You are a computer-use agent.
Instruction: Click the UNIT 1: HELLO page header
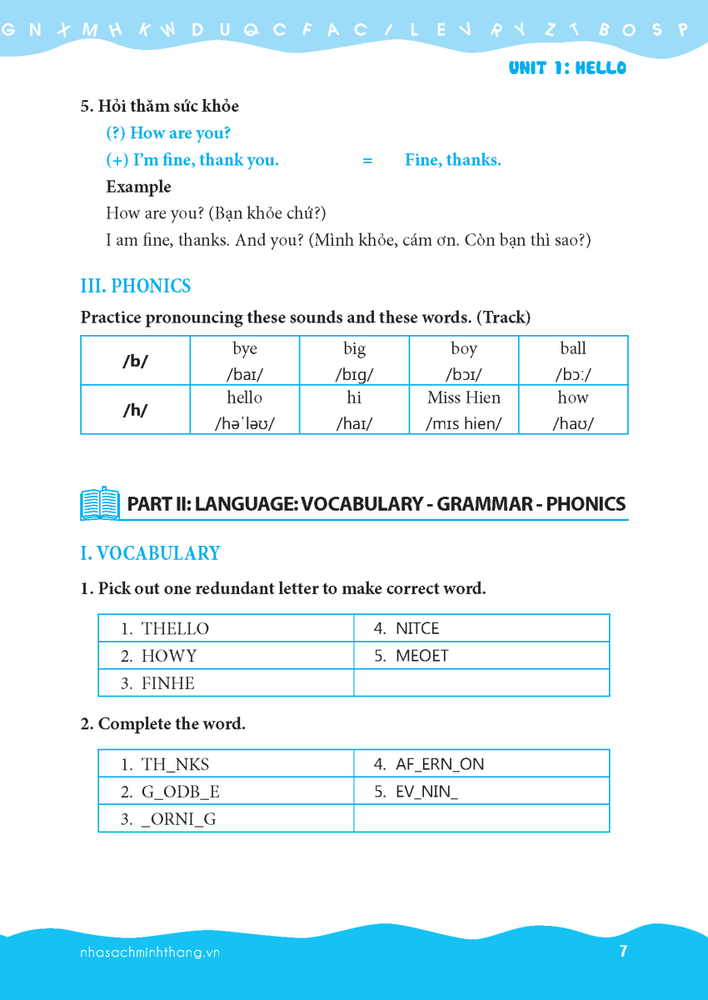click(x=567, y=68)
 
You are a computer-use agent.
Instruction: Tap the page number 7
click(x=623, y=951)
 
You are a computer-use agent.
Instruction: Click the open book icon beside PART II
click(x=100, y=503)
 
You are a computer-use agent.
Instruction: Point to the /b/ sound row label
click(x=135, y=362)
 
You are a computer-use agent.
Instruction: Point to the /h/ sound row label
click(x=135, y=410)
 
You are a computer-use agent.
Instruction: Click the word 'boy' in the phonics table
click(x=463, y=349)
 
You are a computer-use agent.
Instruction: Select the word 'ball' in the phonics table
click(x=573, y=349)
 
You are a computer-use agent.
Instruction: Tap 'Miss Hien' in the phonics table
click(x=464, y=397)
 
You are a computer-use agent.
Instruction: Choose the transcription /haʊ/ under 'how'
click(x=573, y=423)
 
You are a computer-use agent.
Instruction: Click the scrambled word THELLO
click(x=175, y=628)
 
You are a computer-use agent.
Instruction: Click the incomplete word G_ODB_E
click(x=181, y=792)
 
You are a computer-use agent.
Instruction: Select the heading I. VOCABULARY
click(x=150, y=554)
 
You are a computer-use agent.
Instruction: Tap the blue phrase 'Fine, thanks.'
click(x=453, y=160)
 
